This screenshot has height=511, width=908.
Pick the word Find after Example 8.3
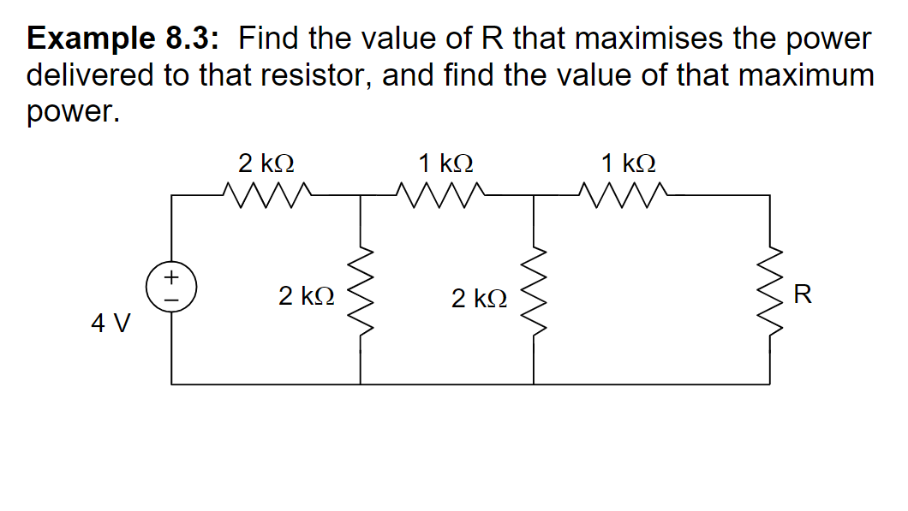[272, 39]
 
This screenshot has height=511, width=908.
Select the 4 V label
[111, 324]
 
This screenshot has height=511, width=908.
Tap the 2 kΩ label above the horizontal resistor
[267, 162]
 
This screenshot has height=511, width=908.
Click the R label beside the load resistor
[802, 296]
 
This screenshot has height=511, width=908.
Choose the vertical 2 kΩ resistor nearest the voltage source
[361, 291]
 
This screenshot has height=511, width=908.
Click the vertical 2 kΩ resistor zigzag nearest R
[535, 291]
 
